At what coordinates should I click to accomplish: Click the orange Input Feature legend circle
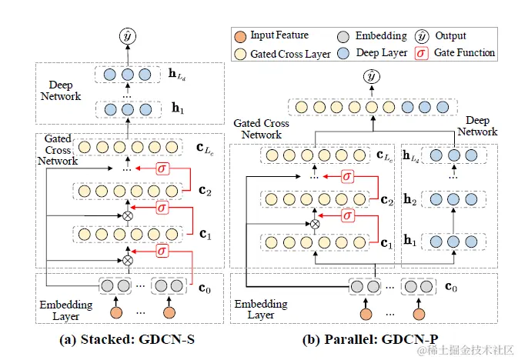tap(241, 36)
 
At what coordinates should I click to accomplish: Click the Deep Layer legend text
tap(383, 53)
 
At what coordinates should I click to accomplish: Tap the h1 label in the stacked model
tap(177, 110)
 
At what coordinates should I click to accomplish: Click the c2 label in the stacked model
tap(202, 191)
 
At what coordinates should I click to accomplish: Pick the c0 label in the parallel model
tap(452, 288)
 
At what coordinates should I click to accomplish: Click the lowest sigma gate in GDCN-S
tap(162, 250)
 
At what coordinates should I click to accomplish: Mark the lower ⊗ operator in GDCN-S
tap(128, 260)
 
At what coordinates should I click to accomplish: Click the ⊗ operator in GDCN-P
tap(314, 224)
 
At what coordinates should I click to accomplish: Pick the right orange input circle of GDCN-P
tap(417, 314)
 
